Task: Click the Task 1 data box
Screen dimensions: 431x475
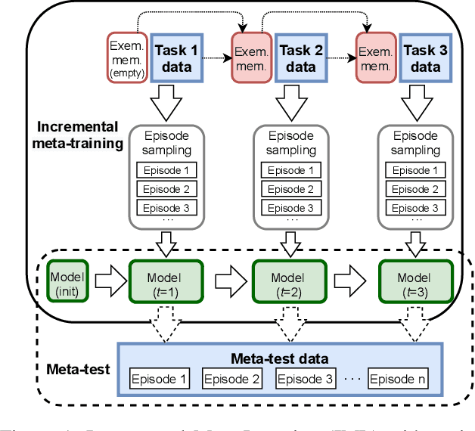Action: [176, 58]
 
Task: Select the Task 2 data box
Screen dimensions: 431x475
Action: [301, 58]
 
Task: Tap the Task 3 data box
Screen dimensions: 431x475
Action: [426, 58]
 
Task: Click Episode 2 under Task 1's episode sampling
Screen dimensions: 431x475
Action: [166, 189]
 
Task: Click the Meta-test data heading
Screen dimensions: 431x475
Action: [280, 358]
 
